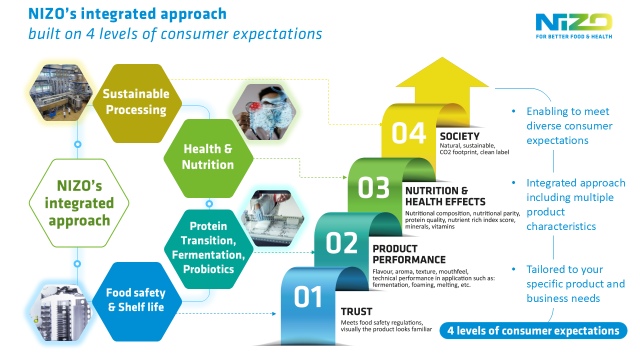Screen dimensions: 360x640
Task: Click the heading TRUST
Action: (x=356, y=311)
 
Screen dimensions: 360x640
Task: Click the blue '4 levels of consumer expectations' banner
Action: (x=532, y=330)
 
